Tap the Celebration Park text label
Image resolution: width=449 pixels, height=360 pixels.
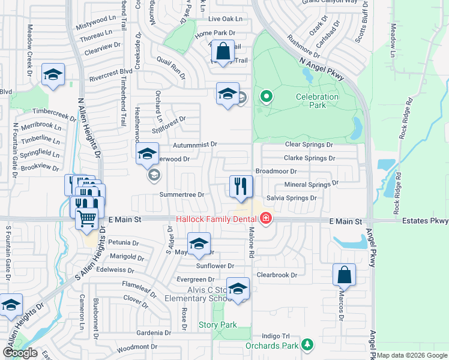tap(317, 101)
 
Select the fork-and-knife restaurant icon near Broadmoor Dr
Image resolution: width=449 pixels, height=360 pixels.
tap(241, 187)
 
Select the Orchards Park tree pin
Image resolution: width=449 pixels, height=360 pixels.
tap(307, 345)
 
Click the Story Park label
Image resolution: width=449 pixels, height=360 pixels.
tap(218, 325)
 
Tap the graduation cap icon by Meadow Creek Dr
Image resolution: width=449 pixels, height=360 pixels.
tap(53, 76)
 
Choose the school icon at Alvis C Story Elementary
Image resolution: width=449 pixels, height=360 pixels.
tap(238, 289)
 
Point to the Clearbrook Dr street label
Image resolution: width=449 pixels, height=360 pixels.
tap(277, 274)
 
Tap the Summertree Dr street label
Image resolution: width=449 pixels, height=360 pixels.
tap(182, 194)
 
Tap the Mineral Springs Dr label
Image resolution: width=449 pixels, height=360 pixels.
tap(311, 184)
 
